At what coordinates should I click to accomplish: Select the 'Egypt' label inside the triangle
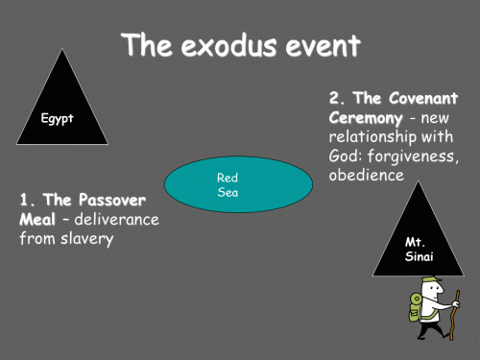[58, 119]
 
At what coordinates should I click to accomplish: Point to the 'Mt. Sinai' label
[416, 249]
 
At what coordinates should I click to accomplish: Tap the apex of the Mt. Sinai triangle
[417, 181]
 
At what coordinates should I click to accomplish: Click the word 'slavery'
[85, 239]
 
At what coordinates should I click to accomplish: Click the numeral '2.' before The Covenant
[337, 100]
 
